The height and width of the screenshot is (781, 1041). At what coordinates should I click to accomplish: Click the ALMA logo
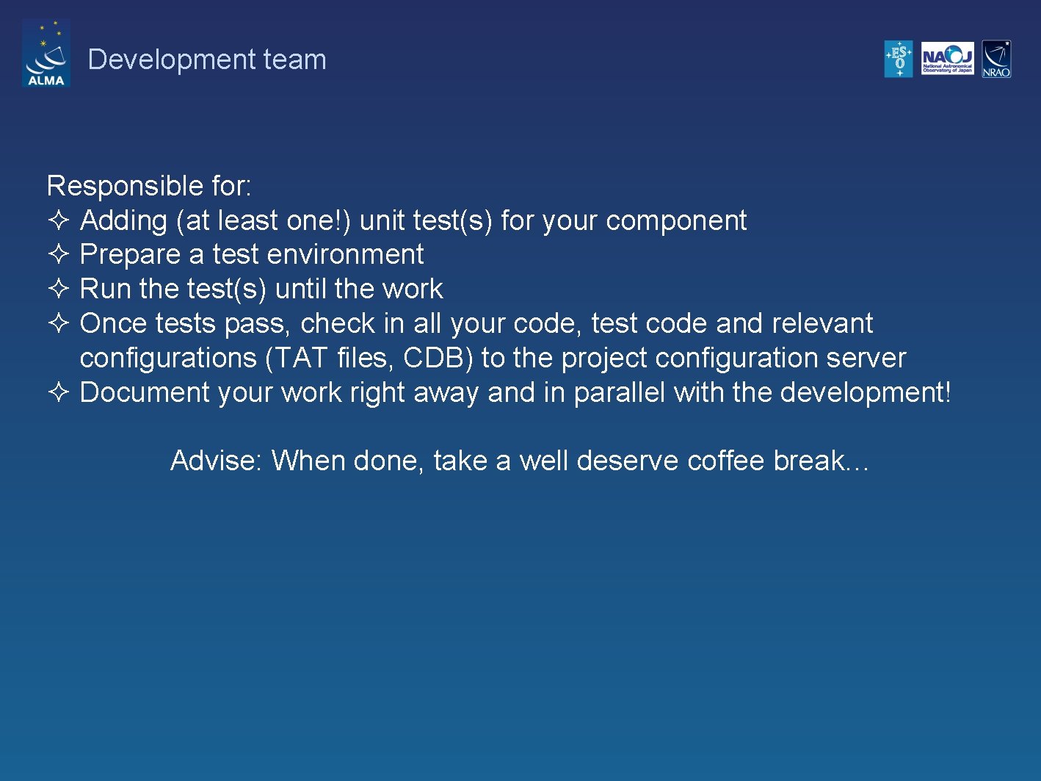(x=46, y=54)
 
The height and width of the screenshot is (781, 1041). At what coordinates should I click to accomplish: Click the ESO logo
(x=899, y=59)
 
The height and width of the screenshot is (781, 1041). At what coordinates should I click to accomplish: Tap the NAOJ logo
(x=947, y=59)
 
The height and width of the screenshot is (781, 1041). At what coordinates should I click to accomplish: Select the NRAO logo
(x=996, y=59)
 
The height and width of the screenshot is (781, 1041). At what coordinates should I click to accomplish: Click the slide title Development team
(x=207, y=60)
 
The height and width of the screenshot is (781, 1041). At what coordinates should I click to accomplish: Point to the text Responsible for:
(x=149, y=186)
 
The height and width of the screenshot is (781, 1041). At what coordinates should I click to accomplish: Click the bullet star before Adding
(x=59, y=220)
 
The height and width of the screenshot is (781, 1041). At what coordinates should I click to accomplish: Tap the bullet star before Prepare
(x=59, y=254)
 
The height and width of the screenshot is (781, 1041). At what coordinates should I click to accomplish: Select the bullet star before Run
(x=59, y=288)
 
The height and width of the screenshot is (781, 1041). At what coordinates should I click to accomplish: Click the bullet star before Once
(x=59, y=323)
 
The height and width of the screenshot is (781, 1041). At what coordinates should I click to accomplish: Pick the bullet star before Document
(x=59, y=392)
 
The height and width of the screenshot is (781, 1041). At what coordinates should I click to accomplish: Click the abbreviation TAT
(x=297, y=358)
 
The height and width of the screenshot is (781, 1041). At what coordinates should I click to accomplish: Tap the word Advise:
(x=216, y=461)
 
